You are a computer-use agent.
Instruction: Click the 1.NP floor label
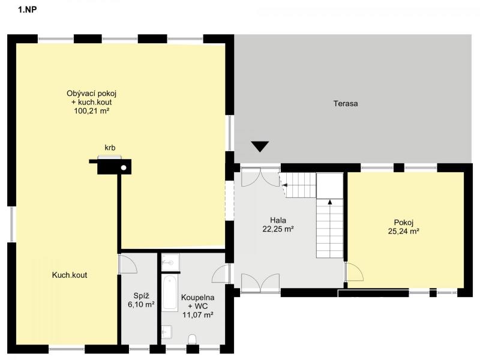click(x=27, y=10)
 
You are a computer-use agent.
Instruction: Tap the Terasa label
click(x=346, y=103)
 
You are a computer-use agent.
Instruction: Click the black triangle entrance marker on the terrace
click(x=260, y=146)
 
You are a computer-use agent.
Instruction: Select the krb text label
click(x=110, y=148)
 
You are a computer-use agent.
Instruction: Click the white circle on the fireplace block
click(x=124, y=167)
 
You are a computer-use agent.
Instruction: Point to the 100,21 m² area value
click(x=92, y=111)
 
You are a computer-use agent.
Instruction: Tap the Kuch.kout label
click(x=70, y=275)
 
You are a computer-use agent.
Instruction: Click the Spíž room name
click(x=141, y=296)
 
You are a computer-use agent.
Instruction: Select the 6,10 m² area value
click(x=141, y=305)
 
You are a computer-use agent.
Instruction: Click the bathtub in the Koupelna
click(x=169, y=293)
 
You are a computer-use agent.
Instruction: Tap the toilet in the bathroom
click(x=192, y=339)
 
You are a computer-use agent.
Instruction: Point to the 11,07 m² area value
click(x=198, y=314)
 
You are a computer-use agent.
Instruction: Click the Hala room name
click(x=278, y=220)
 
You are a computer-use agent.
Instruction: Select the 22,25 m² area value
click(x=278, y=229)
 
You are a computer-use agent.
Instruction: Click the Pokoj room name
click(x=404, y=223)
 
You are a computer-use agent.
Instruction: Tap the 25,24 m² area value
click(x=403, y=232)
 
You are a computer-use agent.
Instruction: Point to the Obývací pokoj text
click(x=92, y=94)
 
